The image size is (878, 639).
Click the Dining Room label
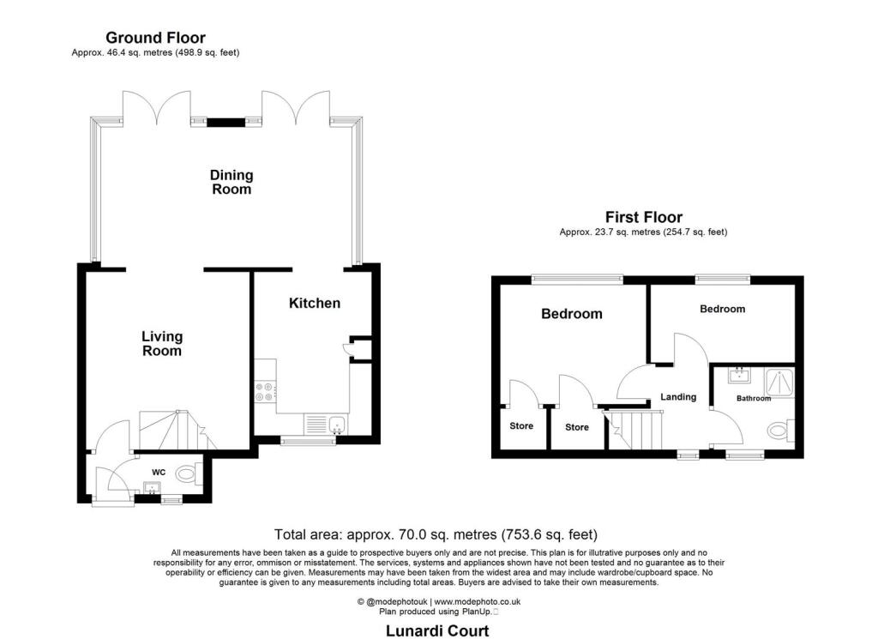[x=232, y=182]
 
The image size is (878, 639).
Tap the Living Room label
[x=162, y=344]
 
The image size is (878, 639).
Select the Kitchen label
[x=315, y=303]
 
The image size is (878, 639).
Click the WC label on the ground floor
[x=159, y=472]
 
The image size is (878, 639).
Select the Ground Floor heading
[x=155, y=38]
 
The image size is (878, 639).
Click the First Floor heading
[x=644, y=217]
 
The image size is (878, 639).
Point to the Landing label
[x=677, y=397]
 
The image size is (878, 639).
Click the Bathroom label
[x=754, y=398]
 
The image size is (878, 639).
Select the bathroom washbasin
[x=738, y=375]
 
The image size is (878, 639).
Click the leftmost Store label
[x=521, y=426]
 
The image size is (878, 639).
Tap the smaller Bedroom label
[x=723, y=309]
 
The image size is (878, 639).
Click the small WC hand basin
[x=153, y=489]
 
